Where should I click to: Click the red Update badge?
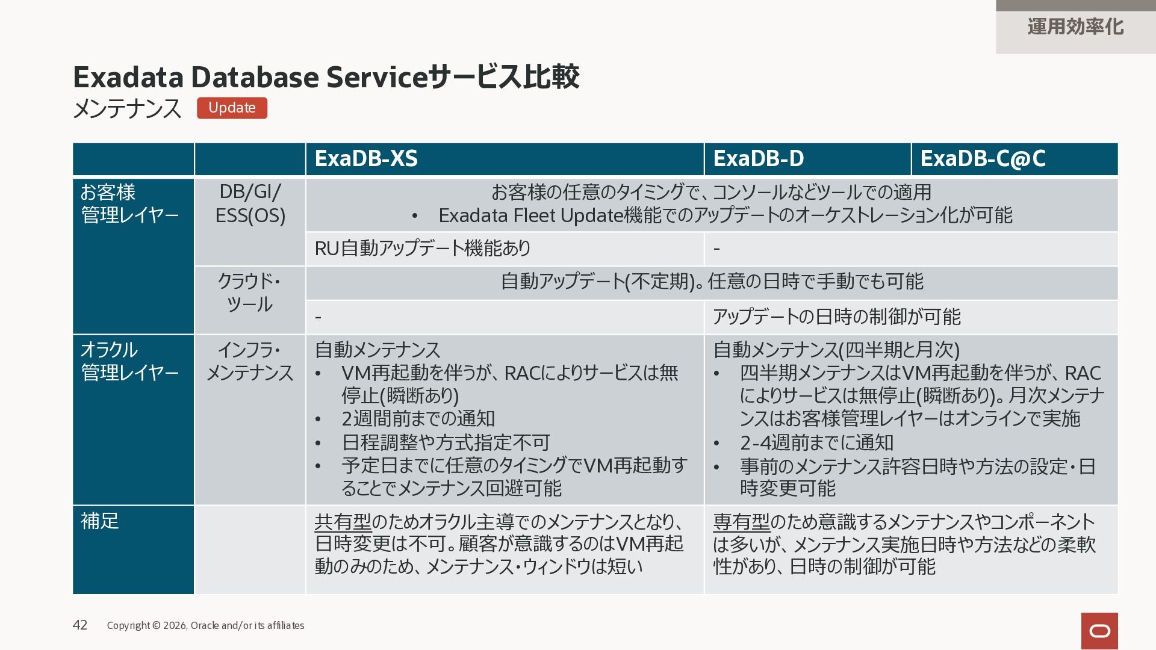(232, 108)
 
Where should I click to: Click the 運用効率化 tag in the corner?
(1075, 27)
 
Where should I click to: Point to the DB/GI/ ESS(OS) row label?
(250, 203)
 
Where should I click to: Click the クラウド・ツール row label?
(250, 292)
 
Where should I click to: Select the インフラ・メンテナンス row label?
(250, 361)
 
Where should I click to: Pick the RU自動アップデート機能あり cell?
(423, 248)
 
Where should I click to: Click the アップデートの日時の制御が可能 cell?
(837, 317)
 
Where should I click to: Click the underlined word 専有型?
(742, 521)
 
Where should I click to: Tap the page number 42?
(80, 625)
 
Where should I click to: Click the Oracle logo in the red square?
(1099, 631)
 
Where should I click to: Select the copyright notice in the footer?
(205, 625)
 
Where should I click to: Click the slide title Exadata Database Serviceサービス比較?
(326, 77)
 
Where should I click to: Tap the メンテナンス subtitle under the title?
(127, 109)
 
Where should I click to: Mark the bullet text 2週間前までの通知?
(418, 418)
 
